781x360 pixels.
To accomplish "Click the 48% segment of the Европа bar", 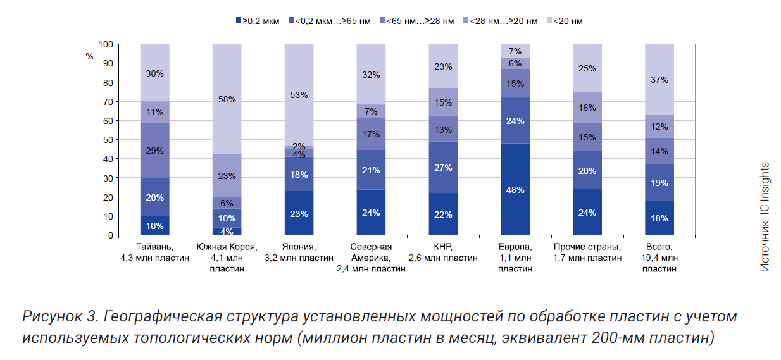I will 515,189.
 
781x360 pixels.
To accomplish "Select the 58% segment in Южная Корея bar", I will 227,99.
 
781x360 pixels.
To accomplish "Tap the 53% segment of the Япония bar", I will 299,95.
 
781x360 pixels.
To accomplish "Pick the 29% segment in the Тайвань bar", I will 155,151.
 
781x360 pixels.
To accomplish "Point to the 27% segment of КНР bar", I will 443,168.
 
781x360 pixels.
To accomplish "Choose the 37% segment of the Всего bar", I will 659,80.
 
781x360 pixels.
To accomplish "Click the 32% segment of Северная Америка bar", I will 371,75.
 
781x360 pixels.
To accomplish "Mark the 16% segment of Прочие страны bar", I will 587,108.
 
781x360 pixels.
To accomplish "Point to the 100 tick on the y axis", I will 106,44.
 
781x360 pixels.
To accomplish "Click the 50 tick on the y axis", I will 108,140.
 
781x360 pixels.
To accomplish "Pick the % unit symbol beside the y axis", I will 89,56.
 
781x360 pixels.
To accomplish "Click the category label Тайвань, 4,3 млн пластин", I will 155,252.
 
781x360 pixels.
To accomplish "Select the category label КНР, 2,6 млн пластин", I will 443,252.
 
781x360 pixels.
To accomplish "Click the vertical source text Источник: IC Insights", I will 765,217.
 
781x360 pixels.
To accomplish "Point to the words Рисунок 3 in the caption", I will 58,316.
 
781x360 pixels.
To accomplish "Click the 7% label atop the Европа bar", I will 515,51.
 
